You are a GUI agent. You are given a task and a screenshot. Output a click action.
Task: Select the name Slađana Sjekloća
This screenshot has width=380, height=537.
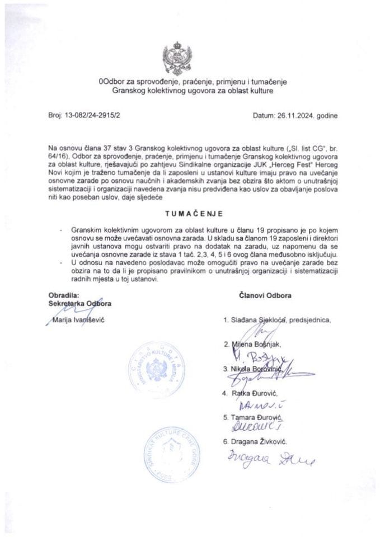pyautogui.click(x=258, y=320)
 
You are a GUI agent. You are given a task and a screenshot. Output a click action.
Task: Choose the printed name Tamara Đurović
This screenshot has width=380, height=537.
pyautogui.click(x=255, y=418)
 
